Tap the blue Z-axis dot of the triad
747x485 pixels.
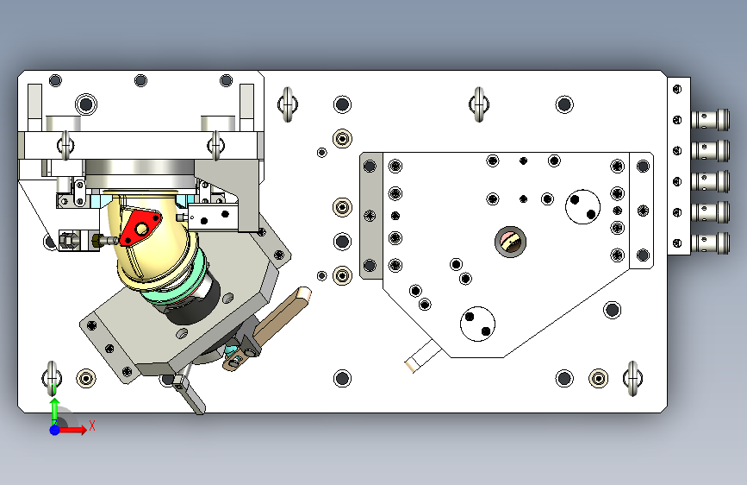55,430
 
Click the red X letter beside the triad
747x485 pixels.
92,425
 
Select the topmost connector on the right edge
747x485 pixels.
710,119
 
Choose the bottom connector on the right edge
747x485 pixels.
710,243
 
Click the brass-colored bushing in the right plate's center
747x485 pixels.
510,242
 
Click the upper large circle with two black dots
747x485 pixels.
582,207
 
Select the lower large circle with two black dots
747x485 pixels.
477,324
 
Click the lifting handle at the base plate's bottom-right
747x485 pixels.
632,379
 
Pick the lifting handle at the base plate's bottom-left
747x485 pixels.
52,379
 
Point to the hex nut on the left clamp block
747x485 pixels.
68,240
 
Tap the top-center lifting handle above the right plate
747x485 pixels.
479,104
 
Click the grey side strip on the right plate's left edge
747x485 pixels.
371,216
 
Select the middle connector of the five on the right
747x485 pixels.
710,181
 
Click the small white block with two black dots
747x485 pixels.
213,217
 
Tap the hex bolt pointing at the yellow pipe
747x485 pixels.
105,240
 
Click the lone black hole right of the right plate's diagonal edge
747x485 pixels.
613,310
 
